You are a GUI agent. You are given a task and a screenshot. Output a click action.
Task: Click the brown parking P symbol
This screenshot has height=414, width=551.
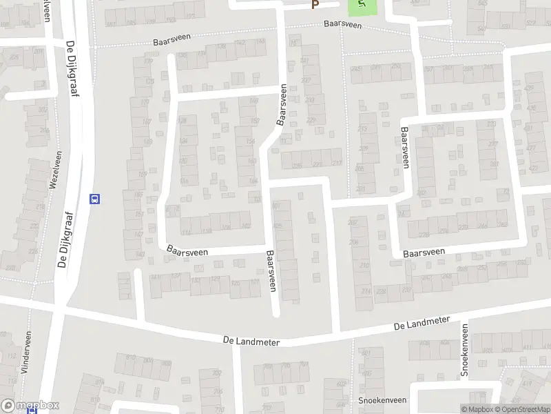point(315,5)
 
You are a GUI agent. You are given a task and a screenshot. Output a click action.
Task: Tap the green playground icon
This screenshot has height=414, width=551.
point(362,6)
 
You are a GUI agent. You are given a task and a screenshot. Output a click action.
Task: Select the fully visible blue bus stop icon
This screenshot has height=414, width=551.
point(95,199)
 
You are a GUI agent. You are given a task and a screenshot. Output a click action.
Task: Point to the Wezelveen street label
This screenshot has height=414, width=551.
point(53,170)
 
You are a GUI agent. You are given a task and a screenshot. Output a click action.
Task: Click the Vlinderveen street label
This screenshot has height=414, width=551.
point(28,353)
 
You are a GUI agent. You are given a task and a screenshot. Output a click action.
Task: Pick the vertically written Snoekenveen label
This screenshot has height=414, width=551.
point(465,352)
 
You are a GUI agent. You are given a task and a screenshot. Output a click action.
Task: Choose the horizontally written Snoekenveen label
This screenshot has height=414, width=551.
point(382,400)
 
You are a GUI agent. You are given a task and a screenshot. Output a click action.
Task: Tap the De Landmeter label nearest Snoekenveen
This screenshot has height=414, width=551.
point(422,324)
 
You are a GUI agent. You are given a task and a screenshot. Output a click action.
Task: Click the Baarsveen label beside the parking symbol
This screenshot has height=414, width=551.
point(344,24)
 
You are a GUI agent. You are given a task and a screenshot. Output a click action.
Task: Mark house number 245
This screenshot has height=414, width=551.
point(356,68)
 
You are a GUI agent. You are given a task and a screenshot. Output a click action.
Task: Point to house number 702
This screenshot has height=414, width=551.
point(217,373)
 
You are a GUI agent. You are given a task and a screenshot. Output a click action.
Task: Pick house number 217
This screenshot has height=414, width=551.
point(337,163)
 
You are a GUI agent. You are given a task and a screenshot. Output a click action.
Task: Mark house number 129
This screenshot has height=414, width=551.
point(216,279)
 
